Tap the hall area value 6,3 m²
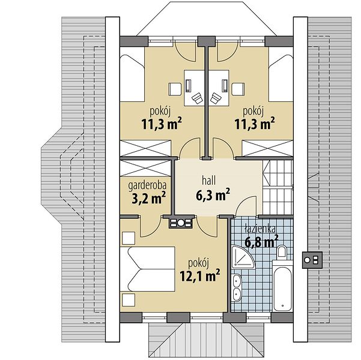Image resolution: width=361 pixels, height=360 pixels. (213, 194)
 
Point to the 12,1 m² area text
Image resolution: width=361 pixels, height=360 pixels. (200, 275)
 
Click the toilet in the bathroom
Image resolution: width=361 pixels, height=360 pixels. (282, 251)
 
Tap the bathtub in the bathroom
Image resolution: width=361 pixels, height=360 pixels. (282, 286)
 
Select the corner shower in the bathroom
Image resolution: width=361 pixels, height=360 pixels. (242, 257)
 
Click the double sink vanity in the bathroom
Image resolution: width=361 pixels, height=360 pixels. (237, 287)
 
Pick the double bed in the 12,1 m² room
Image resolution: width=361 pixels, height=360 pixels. (147, 269)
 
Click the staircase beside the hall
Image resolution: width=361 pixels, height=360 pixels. (278, 187)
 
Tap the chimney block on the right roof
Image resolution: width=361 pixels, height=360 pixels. (312, 260)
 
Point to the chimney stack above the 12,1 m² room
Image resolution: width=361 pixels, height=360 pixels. (181, 223)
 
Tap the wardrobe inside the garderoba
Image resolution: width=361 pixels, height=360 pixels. (145, 169)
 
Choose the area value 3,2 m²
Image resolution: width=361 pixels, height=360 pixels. (149, 198)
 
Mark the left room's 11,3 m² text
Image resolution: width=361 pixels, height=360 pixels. (162, 124)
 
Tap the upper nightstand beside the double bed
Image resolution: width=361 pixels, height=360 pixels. (129, 238)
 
